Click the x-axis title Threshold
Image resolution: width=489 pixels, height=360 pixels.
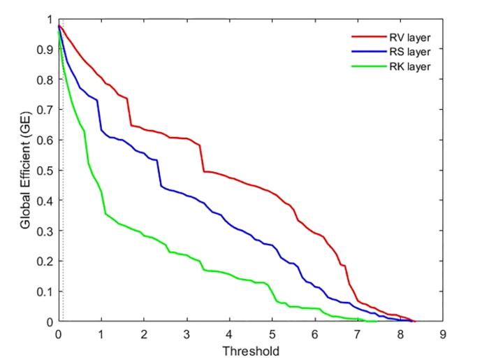250,349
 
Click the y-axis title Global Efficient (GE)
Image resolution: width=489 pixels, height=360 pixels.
24,170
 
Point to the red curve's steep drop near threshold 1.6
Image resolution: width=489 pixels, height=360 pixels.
129,112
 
